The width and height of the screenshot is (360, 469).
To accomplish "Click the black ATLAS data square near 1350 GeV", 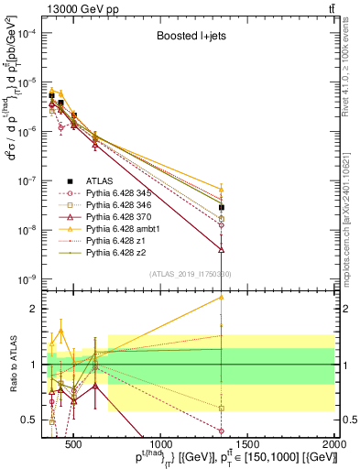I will [222, 208].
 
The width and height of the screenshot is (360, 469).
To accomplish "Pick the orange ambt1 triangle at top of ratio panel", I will [222, 297].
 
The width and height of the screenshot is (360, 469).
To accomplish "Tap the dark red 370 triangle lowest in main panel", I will [222, 249].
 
